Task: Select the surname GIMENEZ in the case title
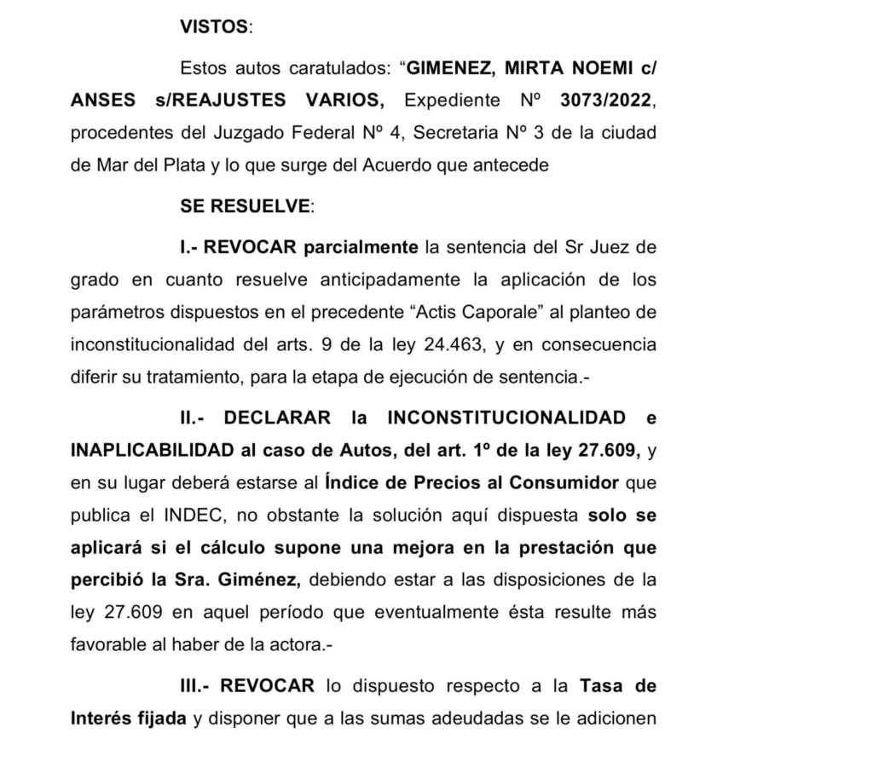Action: pos(452,68)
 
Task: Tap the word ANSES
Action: pos(102,101)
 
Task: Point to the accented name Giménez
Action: pos(259,580)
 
